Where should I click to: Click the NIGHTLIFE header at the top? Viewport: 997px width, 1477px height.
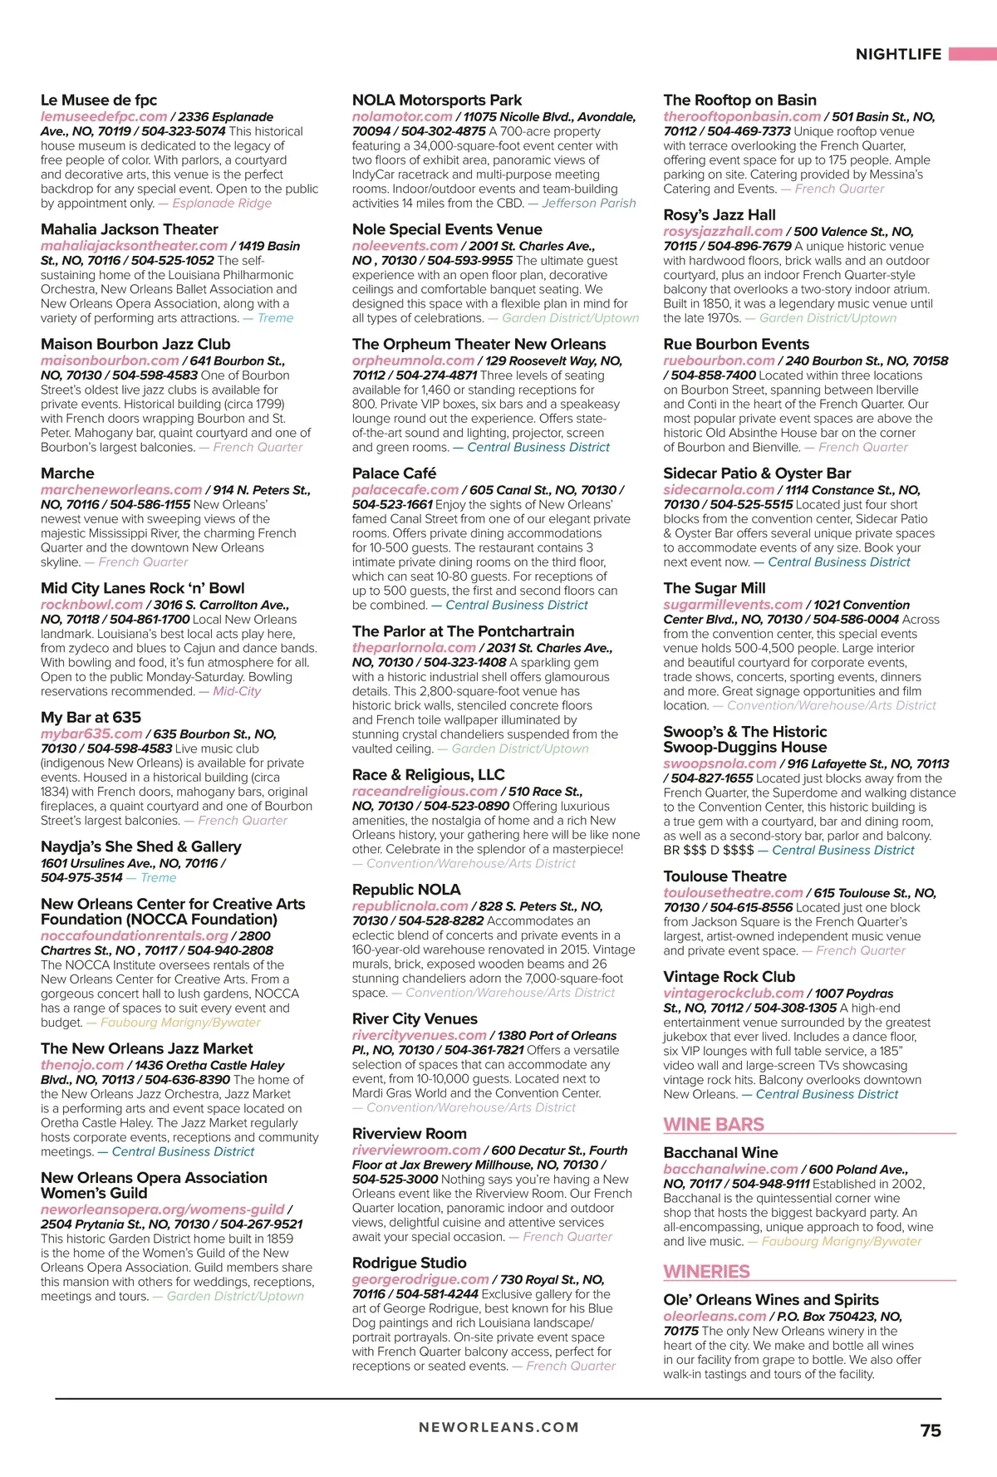(898, 55)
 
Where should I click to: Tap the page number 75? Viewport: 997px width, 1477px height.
(931, 1430)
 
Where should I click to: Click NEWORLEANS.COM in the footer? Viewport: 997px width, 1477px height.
(498, 1427)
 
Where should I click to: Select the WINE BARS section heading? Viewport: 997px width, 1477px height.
(714, 1125)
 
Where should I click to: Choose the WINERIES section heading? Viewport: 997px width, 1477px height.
(706, 1272)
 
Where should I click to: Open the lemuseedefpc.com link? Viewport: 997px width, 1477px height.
(104, 117)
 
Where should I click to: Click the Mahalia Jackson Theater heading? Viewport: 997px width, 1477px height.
(129, 229)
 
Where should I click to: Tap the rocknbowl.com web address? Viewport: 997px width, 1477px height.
(91, 605)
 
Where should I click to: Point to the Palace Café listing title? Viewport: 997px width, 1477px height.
(394, 474)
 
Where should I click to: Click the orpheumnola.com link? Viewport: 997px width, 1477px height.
(413, 361)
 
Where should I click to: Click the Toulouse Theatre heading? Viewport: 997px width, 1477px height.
(724, 876)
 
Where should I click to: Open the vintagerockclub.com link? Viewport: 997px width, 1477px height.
(733, 994)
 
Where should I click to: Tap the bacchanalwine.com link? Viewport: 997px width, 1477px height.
(730, 1170)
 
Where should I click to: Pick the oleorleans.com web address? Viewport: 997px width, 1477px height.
(715, 1317)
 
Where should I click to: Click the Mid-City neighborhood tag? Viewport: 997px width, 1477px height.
(237, 691)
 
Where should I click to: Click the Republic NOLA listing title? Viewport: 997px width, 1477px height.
(405, 890)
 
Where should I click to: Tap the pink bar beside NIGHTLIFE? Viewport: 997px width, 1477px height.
(972, 55)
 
